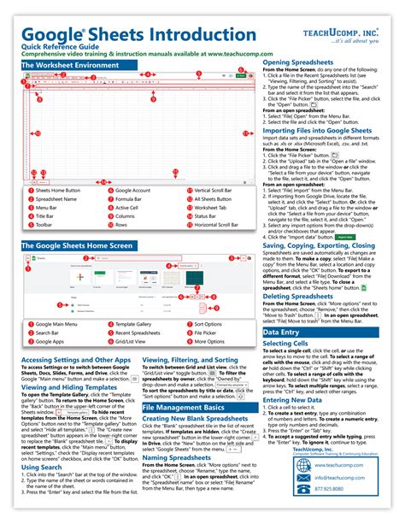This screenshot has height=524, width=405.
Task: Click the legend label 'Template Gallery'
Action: (139, 301)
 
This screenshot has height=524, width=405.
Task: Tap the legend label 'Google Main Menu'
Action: (59, 301)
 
